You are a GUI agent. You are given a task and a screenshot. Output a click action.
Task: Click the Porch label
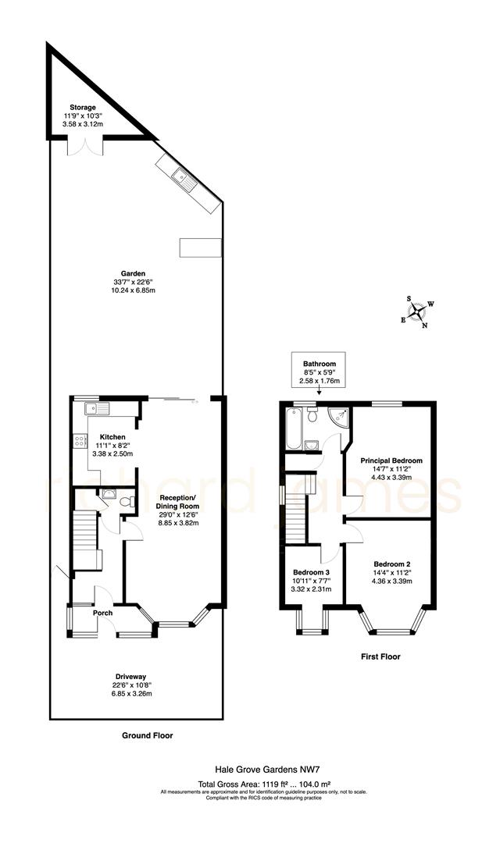(102, 613)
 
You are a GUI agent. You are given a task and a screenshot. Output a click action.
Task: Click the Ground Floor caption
(148, 735)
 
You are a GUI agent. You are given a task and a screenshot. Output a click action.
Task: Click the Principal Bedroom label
(391, 461)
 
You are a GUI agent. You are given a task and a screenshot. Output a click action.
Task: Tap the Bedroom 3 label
(311, 571)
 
